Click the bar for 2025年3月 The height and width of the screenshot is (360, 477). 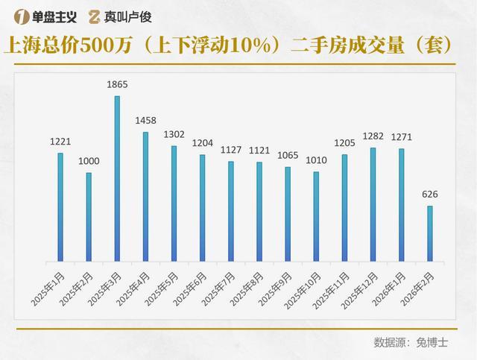tap(117, 179)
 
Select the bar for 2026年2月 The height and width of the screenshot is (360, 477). tap(430, 233)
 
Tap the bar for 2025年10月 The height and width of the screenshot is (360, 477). tap(316, 217)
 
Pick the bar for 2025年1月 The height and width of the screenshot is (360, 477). tap(60, 207)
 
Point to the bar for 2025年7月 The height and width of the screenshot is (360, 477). tap(231, 212)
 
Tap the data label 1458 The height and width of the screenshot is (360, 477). tap(145, 121)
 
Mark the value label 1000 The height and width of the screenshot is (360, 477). tap(89, 162)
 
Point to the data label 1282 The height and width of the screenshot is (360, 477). tap(373, 136)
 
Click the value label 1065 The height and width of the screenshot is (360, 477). tap(288, 155)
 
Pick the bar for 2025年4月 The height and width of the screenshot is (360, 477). tap(145, 197)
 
